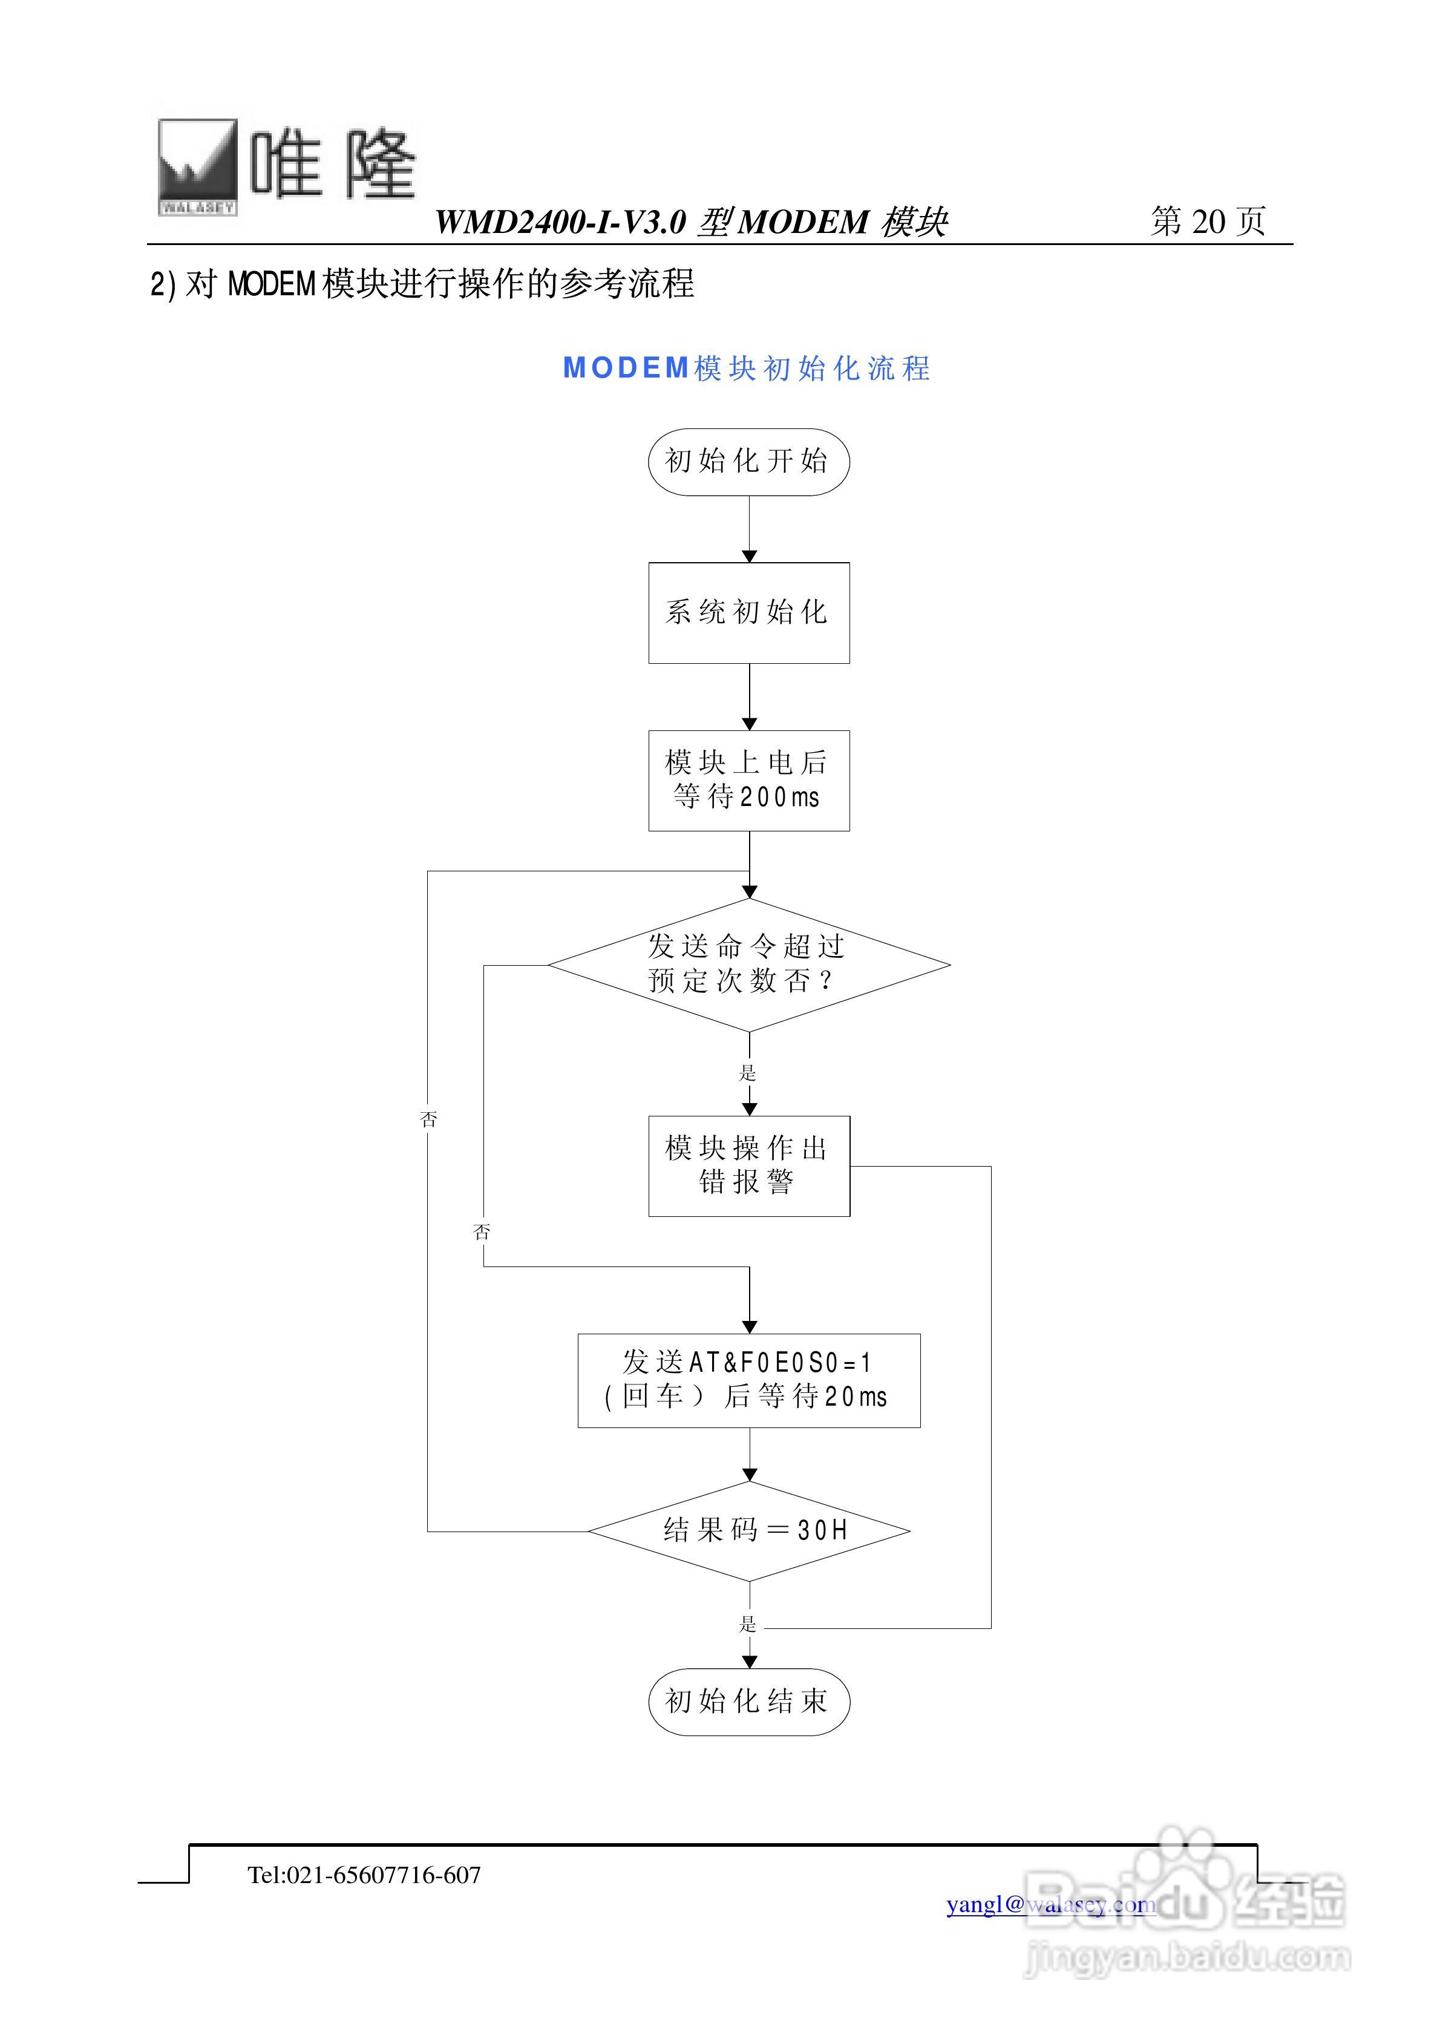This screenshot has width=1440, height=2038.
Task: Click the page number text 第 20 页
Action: (x=1208, y=221)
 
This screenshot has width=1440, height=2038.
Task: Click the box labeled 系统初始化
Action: (x=748, y=612)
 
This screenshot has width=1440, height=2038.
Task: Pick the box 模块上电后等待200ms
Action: (x=748, y=780)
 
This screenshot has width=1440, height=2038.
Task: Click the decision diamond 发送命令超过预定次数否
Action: (x=748, y=965)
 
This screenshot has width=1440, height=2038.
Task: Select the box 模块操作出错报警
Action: (x=748, y=1165)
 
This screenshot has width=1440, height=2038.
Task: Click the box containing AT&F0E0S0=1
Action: (x=748, y=1380)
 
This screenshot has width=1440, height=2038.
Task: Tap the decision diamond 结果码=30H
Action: (x=748, y=1530)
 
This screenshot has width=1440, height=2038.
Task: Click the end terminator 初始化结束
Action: (x=748, y=1702)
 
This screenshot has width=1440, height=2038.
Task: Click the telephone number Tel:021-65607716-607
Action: (x=364, y=1875)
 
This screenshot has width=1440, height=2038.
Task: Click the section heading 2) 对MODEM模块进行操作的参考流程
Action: (x=422, y=284)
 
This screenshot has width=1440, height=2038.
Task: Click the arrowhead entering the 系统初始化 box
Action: (x=748, y=557)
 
